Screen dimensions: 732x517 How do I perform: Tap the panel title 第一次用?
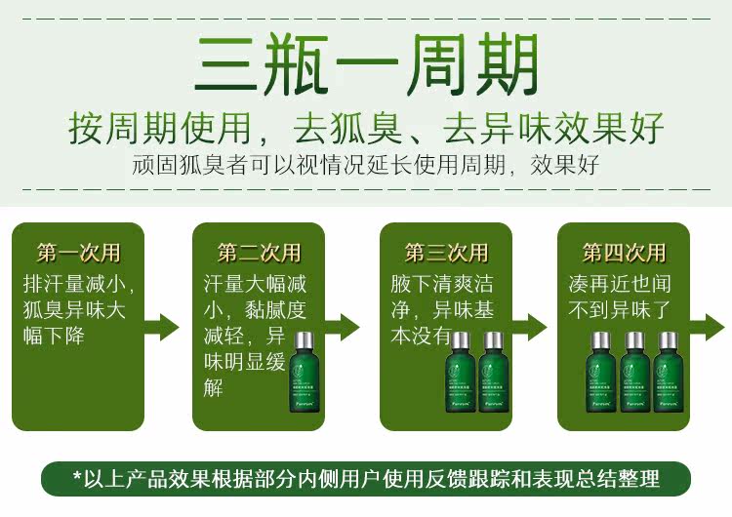(79, 253)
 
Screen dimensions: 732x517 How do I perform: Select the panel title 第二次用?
(259, 253)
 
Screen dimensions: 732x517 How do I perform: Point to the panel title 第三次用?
(446, 253)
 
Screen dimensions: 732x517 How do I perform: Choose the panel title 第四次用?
(625, 253)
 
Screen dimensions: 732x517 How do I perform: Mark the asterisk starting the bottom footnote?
(78, 478)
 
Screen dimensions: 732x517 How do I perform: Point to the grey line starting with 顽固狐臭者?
(366, 163)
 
